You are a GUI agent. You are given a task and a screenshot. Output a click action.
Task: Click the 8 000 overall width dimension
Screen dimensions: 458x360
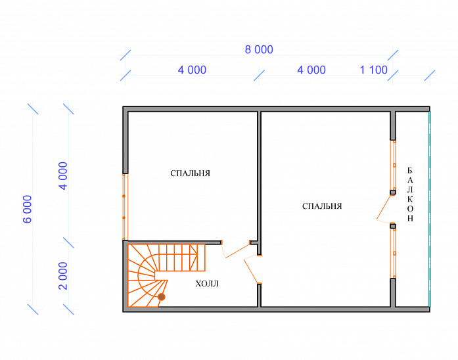(259, 50)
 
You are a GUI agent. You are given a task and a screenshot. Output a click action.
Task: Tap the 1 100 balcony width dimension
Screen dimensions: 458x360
(373, 70)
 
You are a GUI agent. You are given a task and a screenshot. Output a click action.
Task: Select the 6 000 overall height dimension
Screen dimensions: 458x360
(27, 209)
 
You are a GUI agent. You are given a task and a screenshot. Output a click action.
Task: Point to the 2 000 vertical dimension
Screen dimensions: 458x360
(63, 276)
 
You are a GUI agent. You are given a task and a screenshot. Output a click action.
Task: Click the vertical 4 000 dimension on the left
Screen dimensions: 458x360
(63, 176)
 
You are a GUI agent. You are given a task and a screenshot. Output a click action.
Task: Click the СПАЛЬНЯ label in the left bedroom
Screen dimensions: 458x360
(190, 173)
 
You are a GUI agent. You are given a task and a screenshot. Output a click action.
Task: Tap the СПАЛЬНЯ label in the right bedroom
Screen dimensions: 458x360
(322, 206)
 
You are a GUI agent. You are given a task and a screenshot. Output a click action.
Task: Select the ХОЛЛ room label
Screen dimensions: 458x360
(207, 284)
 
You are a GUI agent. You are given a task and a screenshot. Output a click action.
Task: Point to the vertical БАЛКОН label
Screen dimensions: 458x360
(410, 194)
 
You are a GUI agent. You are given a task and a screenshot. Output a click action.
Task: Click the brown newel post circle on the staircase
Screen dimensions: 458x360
(161, 297)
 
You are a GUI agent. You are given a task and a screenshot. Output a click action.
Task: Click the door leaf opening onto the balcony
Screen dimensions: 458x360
(384, 207)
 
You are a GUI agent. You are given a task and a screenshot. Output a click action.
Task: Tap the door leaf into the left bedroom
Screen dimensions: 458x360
(238, 250)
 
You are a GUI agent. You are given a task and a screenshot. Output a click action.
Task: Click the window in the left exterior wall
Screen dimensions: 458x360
(125, 207)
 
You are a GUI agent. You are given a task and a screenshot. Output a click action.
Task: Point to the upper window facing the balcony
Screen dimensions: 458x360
(393, 166)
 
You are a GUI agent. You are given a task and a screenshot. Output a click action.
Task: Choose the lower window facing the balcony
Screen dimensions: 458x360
(393, 253)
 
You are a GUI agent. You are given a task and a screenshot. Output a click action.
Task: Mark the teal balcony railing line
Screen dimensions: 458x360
(430, 208)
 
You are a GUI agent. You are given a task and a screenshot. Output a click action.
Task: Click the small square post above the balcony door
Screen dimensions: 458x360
(393, 192)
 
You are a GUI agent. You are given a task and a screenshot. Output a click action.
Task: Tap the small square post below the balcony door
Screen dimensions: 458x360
(393, 226)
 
